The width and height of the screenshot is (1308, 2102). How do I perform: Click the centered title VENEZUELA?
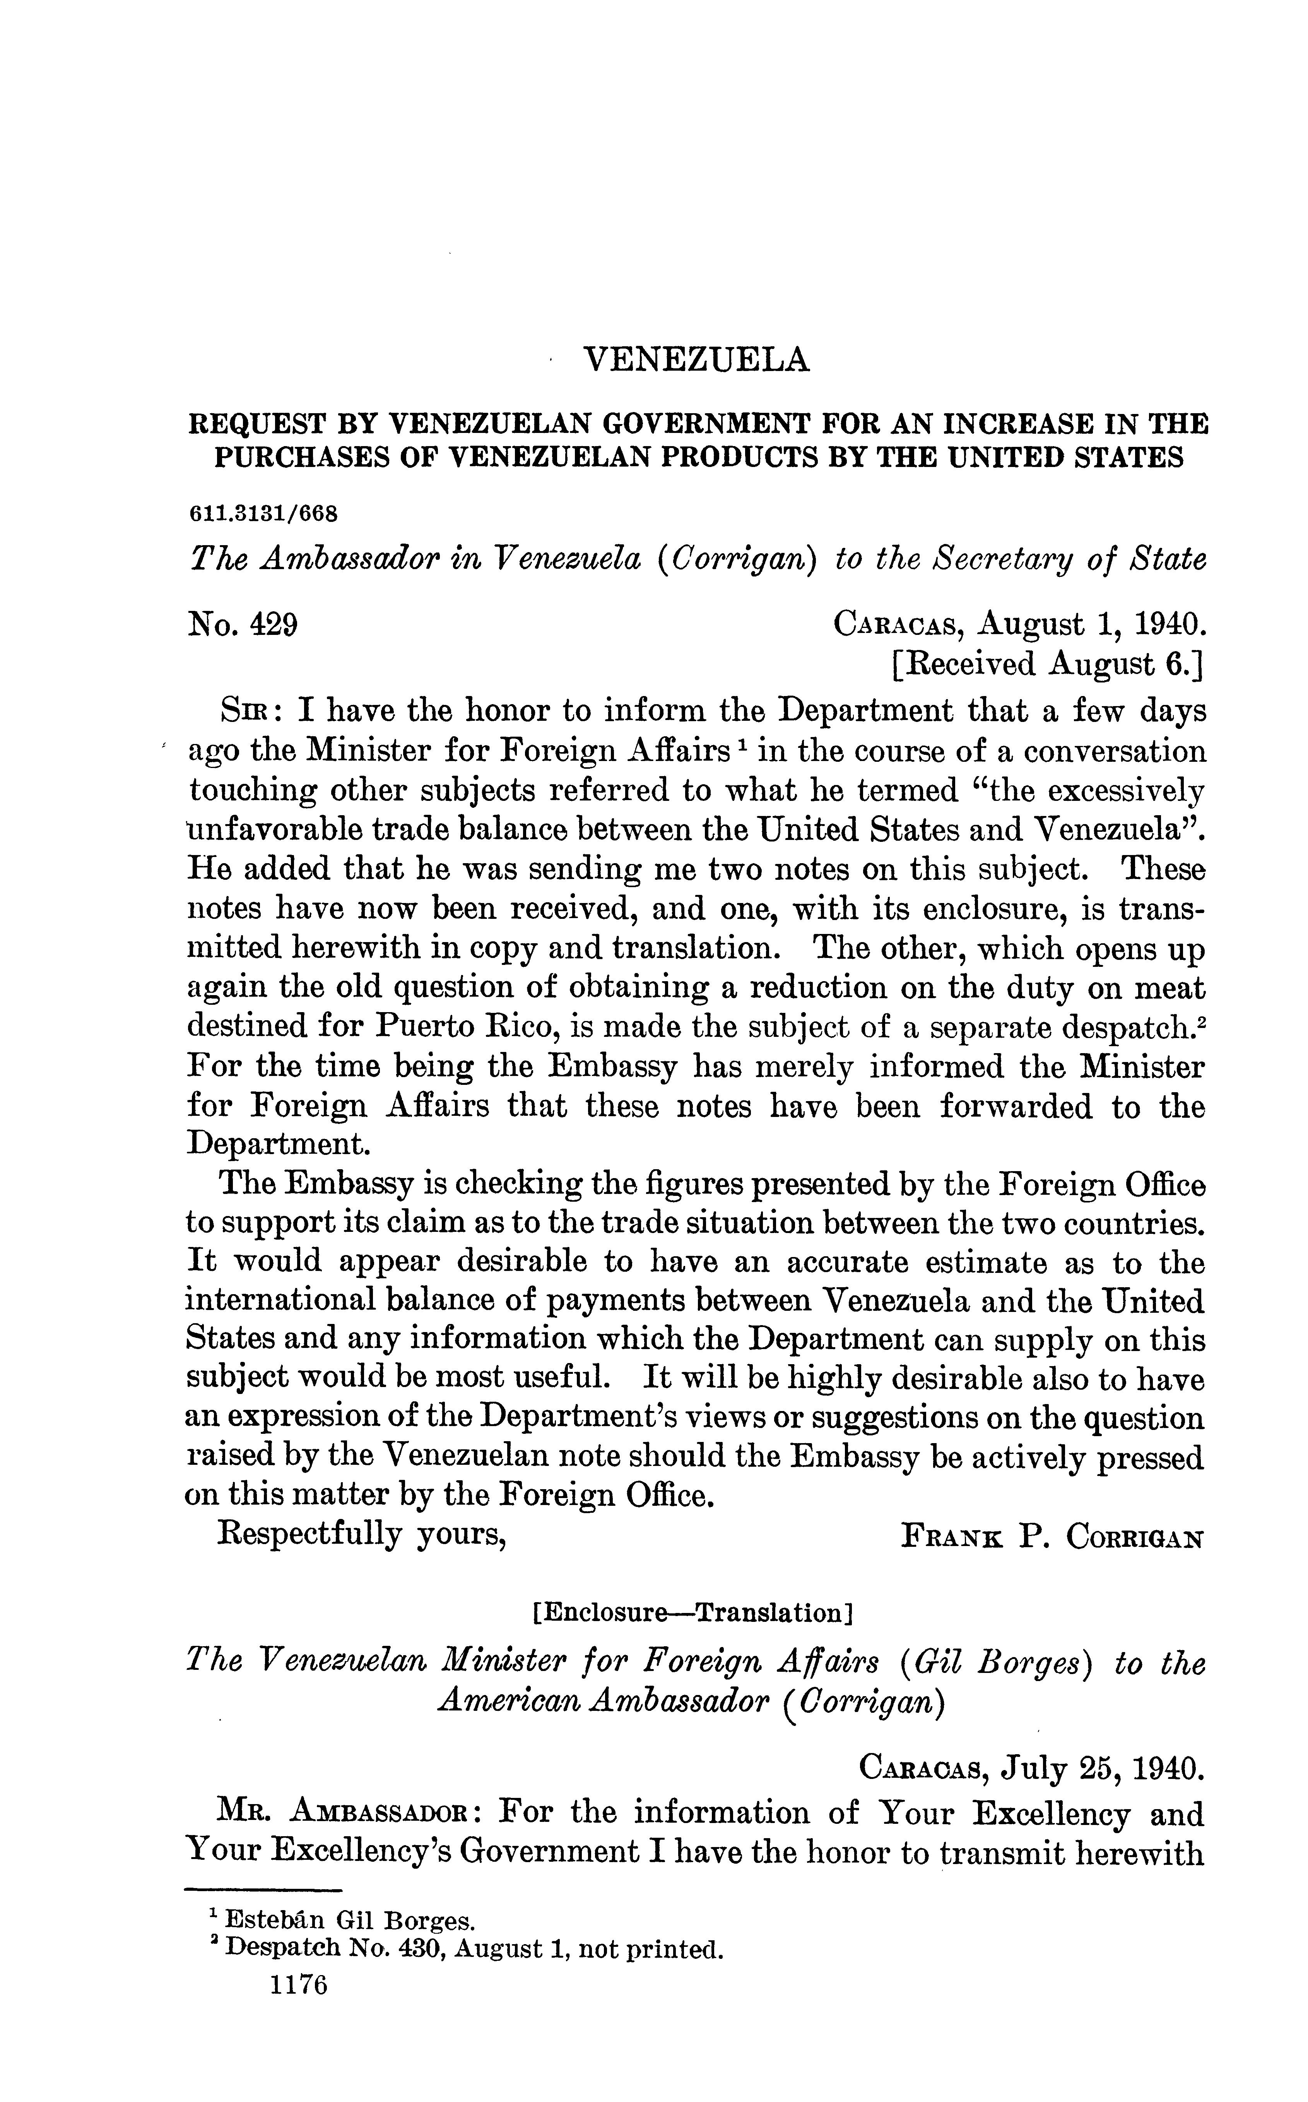697,359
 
